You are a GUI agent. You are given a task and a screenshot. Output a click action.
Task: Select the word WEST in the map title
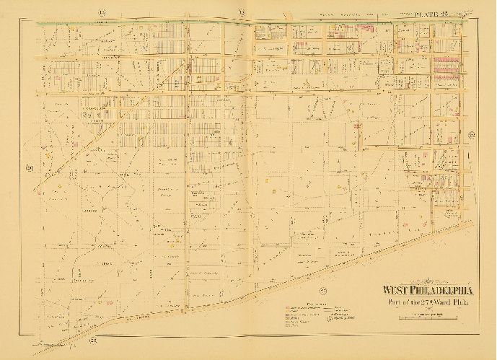(x=398, y=292)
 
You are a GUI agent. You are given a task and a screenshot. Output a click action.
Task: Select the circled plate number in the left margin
(x=30, y=170)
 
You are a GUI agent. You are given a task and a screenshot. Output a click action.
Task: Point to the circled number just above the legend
(x=324, y=290)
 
